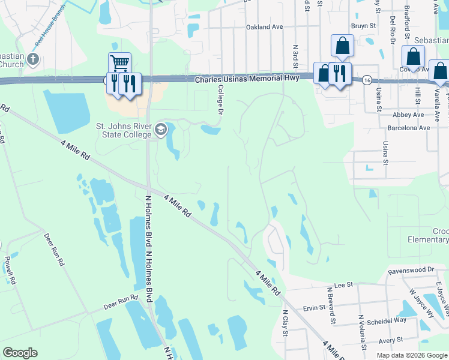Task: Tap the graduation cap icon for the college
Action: coord(161,130)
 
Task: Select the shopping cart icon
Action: coord(119,62)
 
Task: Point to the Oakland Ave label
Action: coord(264,27)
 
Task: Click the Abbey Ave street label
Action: coord(408,115)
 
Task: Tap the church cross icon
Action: coord(33,59)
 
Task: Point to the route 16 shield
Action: coord(366,80)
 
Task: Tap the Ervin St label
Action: coord(314,307)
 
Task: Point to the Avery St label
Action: coord(391,340)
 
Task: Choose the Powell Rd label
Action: coord(8,270)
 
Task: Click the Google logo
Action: coord(20,353)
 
